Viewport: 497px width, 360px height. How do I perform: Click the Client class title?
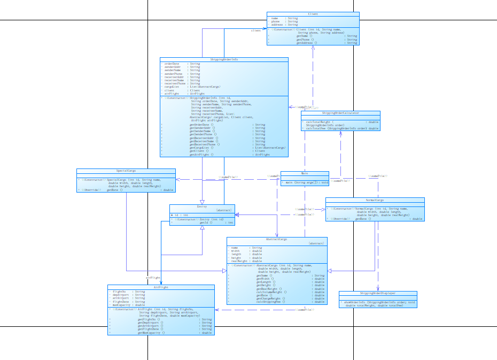[x=313, y=14]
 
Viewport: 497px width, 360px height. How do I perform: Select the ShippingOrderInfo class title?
[x=224, y=59]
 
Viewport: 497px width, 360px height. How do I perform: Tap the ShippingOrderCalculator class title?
[x=340, y=113]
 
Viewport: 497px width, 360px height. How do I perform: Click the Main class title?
[x=305, y=173]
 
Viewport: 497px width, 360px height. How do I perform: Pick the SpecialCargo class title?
[x=126, y=171]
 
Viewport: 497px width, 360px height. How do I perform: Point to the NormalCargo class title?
[x=375, y=200]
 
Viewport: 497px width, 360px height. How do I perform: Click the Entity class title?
[x=201, y=206]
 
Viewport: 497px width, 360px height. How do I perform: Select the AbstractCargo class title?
[x=276, y=239]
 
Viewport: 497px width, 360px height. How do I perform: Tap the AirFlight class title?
[x=161, y=287]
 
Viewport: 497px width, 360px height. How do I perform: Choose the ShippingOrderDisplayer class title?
[x=377, y=293]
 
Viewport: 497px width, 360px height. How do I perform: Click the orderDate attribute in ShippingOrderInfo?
[x=172, y=63]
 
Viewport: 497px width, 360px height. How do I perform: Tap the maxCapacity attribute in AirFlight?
[x=122, y=305]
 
